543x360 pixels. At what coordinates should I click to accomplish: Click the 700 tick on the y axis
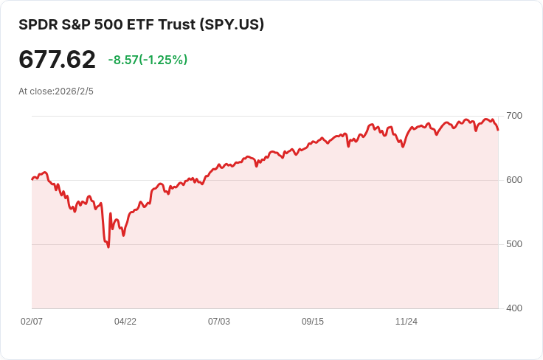[x=514, y=116]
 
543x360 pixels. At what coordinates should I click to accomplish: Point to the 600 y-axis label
[x=514, y=180]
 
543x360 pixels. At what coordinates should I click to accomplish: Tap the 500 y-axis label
[x=514, y=244]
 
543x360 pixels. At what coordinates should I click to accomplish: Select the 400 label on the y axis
[x=514, y=308]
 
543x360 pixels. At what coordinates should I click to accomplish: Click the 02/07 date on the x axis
[x=32, y=322]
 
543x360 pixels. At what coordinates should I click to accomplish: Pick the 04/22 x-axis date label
[x=125, y=322]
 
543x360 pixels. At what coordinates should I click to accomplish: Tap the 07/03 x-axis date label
[x=219, y=322]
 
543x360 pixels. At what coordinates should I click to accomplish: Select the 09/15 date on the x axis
[x=313, y=322]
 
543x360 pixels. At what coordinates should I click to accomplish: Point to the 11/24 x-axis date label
[x=407, y=322]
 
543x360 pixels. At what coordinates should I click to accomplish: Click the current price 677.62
[x=57, y=60]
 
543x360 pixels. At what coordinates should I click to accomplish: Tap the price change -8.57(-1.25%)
[x=148, y=60]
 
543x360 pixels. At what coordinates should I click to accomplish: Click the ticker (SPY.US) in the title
[x=232, y=24]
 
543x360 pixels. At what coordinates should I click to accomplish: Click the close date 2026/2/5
[x=74, y=91]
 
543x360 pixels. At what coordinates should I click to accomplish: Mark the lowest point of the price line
[x=108, y=246]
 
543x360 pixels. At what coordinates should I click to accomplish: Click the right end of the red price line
[x=498, y=130]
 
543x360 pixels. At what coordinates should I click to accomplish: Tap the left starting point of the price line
[x=32, y=179]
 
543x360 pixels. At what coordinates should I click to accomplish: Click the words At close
[x=35, y=91]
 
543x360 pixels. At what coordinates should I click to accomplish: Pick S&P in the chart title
[x=75, y=24]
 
